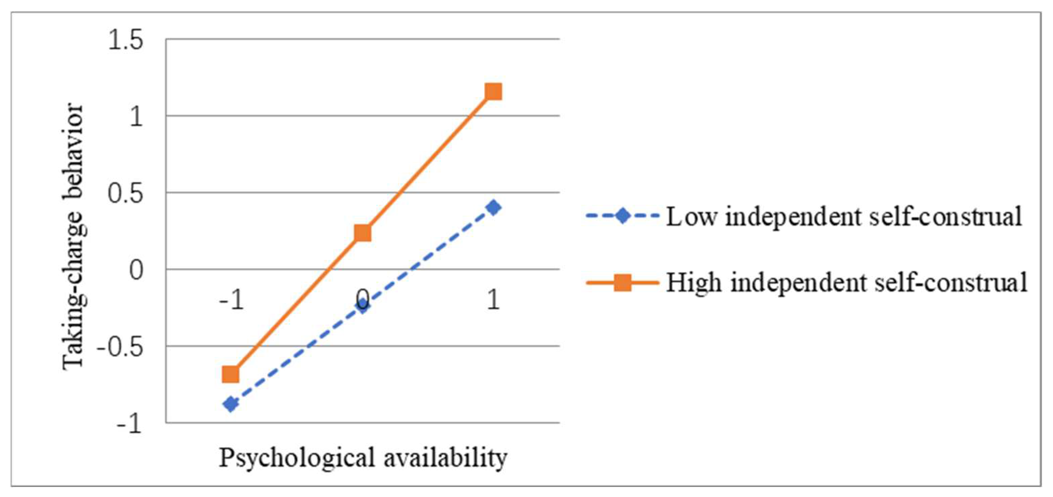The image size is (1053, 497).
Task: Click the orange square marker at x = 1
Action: coord(493,92)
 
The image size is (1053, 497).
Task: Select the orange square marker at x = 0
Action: coord(362,233)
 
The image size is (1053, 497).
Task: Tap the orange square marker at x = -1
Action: coord(231,374)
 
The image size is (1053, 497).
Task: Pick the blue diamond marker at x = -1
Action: coord(231,404)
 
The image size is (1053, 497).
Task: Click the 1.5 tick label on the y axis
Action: coord(126,41)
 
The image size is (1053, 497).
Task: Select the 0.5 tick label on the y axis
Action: coord(126,193)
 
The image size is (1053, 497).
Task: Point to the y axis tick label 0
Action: coord(136,270)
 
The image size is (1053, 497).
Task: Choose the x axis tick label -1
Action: coord(231,300)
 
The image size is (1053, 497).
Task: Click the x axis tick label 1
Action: coord(493,300)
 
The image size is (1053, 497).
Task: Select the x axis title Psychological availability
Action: coord(363,457)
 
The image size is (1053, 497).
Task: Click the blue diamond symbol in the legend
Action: coord(623,216)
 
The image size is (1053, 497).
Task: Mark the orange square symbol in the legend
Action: coord(623,282)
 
